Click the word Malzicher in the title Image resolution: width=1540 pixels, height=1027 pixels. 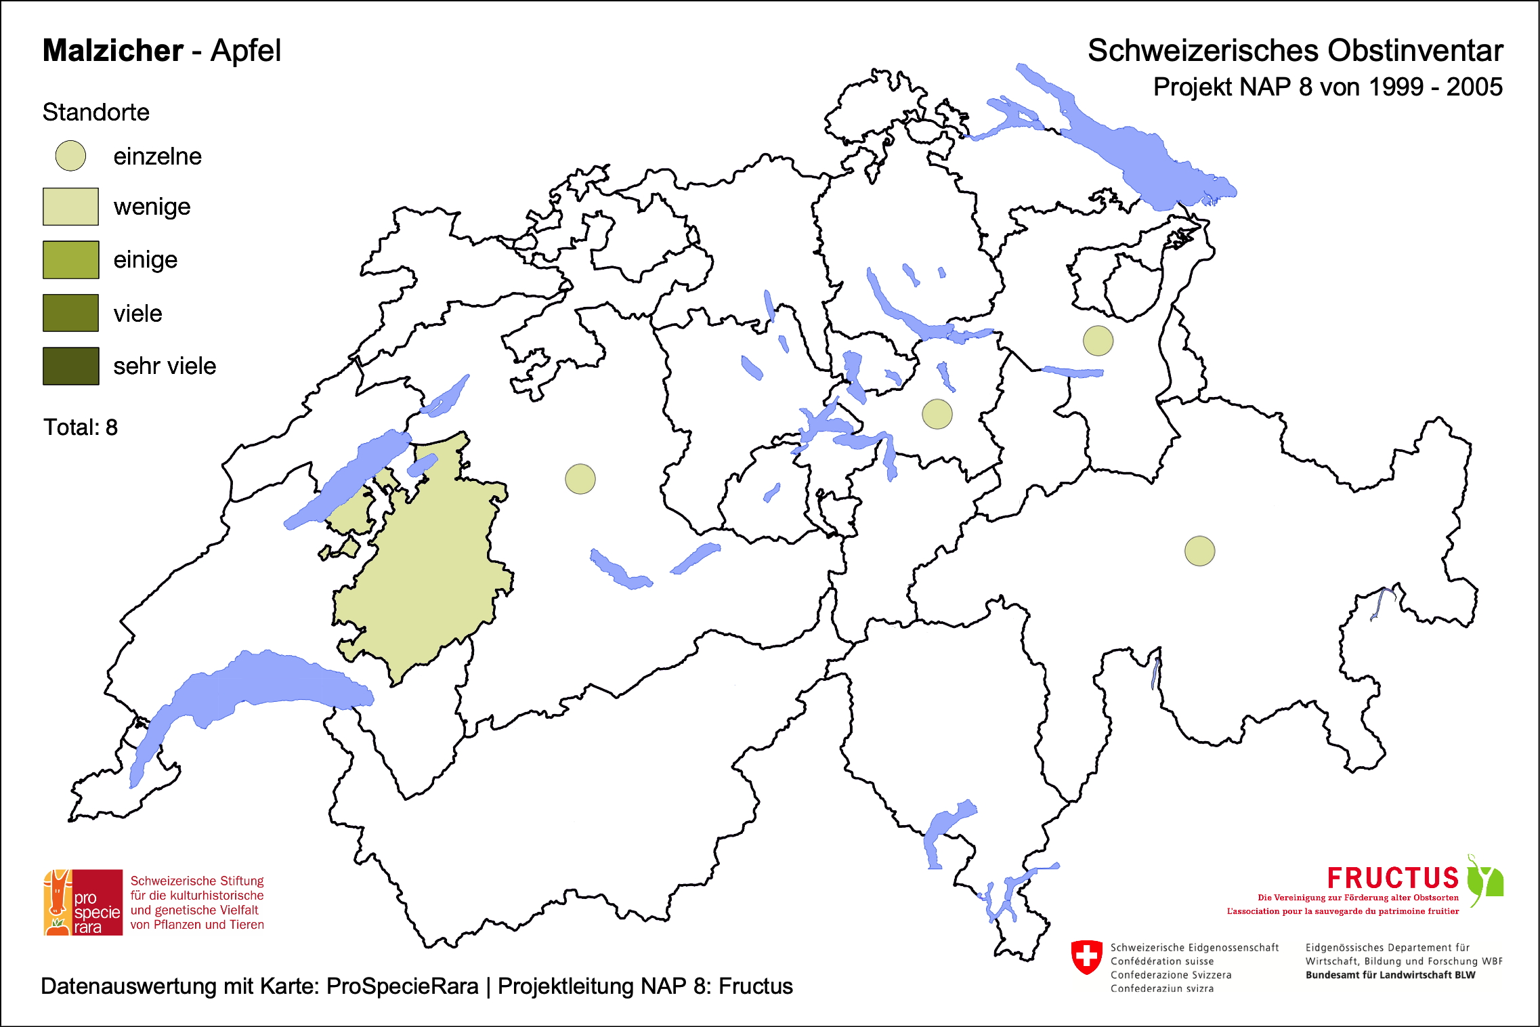pos(112,51)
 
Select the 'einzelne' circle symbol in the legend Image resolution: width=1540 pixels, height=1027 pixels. pos(70,156)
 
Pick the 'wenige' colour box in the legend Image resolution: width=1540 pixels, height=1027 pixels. pos(70,207)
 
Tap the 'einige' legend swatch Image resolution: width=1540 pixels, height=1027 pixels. pos(70,259)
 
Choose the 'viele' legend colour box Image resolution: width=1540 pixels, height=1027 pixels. pos(70,313)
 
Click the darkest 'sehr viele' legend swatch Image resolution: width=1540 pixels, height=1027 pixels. pos(70,366)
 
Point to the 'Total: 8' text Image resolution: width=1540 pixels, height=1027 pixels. pos(81,427)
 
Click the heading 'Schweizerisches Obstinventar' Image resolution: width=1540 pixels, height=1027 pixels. pos(1295,51)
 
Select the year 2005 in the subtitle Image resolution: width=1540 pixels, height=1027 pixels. pos(1474,87)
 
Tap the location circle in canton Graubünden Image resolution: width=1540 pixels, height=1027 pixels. pos(1199,551)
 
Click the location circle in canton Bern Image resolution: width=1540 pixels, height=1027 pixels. pos(580,479)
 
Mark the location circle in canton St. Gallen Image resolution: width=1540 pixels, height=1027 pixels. pos(1098,340)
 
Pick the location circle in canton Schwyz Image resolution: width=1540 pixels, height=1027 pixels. pos(937,414)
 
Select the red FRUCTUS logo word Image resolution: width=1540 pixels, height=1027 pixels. pos(1392,878)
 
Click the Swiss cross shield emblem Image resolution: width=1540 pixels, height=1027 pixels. pos(1087,957)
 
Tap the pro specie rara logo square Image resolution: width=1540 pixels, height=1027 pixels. pos(83,902)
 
